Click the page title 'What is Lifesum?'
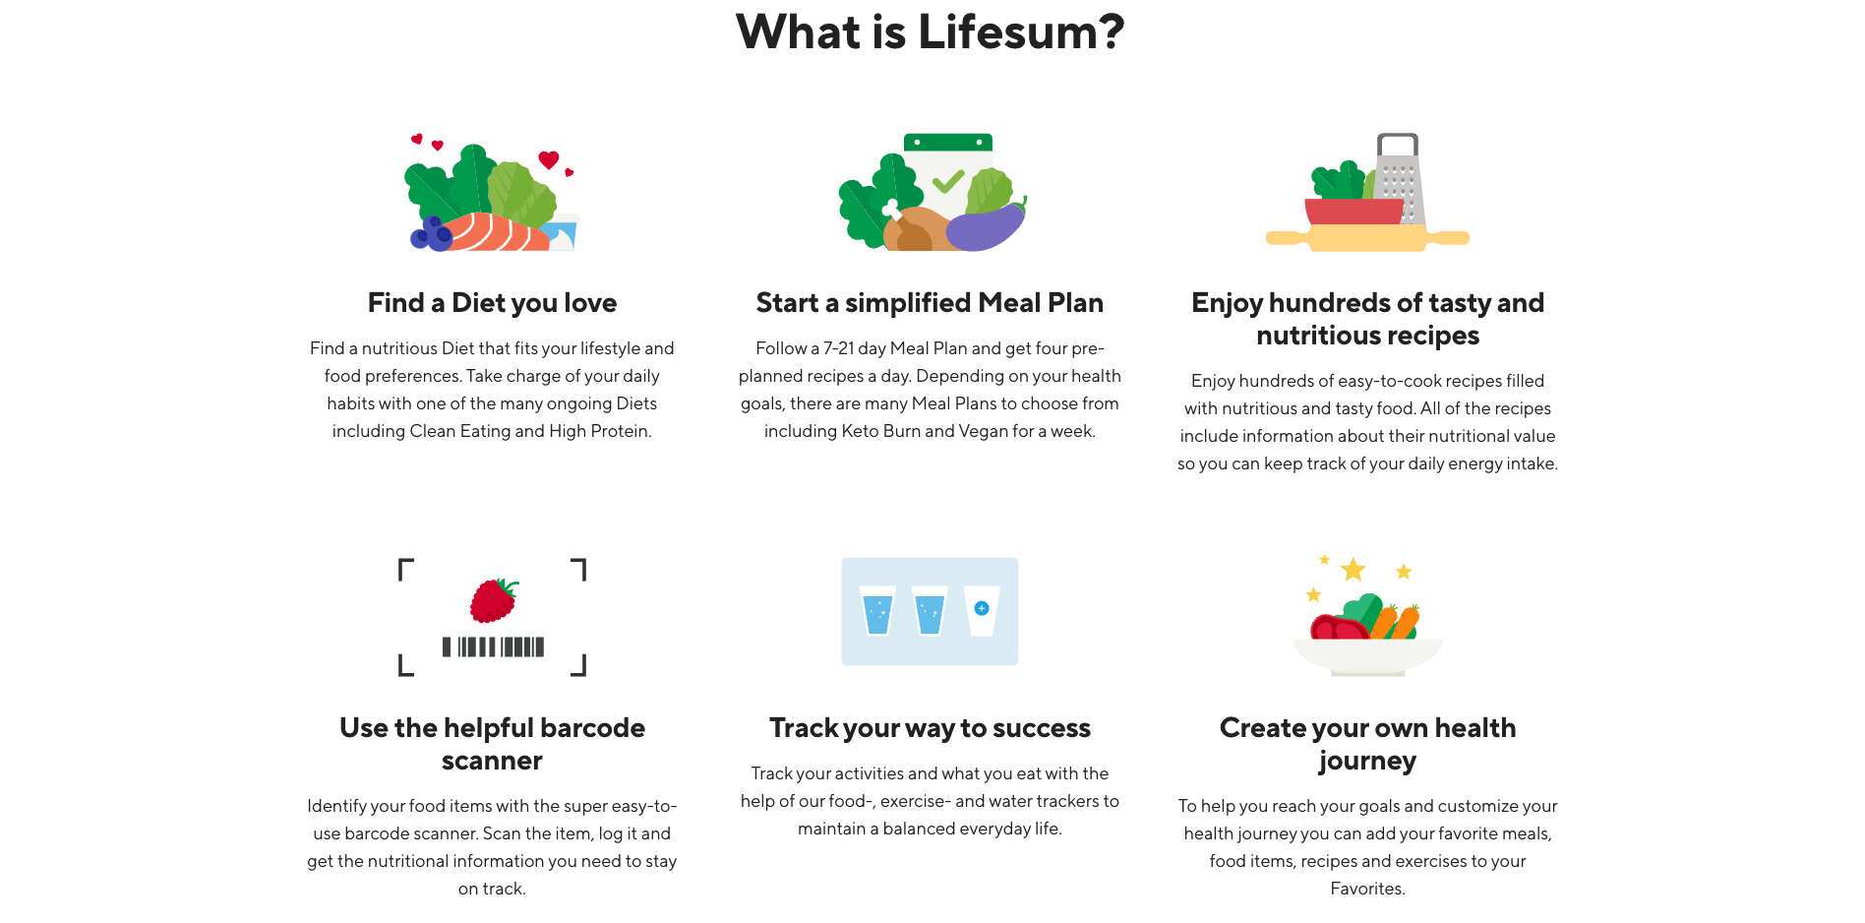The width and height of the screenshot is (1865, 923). [930, 31]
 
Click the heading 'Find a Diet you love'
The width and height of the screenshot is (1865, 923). [492, 303]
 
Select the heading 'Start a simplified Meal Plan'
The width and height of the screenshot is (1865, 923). [930, 303]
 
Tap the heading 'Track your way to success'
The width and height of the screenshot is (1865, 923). [930, 728]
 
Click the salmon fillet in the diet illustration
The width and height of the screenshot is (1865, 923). [492, 233]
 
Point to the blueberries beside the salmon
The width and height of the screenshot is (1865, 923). [430, 234]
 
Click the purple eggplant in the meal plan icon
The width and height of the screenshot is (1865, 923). [985, 228]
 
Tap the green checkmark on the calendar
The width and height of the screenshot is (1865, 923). [948, 181]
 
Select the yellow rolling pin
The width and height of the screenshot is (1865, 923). [1367, 238]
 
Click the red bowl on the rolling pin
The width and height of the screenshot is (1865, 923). [1354, 212]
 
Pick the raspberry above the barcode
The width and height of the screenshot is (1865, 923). [493, 600]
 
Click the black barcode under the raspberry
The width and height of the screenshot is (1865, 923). [493, 646]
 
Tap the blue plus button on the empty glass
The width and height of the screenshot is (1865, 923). [981, 608]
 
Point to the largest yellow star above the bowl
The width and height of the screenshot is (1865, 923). [1354, 570]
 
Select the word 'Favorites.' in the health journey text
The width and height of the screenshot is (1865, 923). [1367, 889]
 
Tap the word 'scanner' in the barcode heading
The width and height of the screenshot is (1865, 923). [492, 761]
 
